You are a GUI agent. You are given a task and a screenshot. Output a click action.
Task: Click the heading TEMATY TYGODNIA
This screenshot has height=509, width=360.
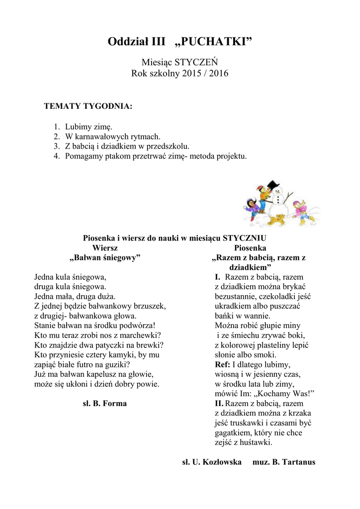(88, 106)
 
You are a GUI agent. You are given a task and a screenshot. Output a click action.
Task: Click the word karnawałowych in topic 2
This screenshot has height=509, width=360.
(107, 136)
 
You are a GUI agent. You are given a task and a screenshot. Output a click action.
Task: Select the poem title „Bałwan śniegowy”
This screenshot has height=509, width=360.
(105, 257)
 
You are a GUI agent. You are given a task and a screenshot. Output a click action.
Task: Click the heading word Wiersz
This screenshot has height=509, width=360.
(105, 248)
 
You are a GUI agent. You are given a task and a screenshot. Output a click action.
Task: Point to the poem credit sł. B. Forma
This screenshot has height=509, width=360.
(104, 404)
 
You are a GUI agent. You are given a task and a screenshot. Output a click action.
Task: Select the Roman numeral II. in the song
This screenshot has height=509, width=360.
(219, 404)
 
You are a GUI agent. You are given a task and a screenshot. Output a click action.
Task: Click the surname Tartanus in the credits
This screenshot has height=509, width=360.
(298, 462)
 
